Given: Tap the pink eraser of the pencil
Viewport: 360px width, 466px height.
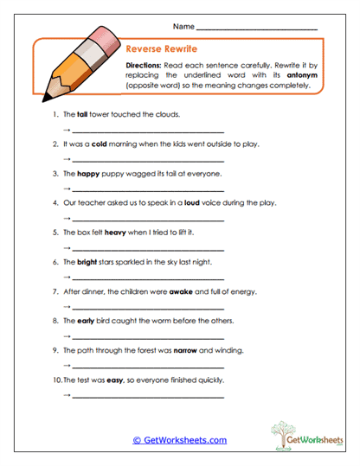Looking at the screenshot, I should pyautogui.click(x=103, y=38).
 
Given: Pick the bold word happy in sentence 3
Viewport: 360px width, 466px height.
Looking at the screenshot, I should pyautogui.click(x=89, y=173).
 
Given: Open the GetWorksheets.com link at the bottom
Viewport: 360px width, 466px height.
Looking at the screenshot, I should pyautogui.click(x=180, y=440).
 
